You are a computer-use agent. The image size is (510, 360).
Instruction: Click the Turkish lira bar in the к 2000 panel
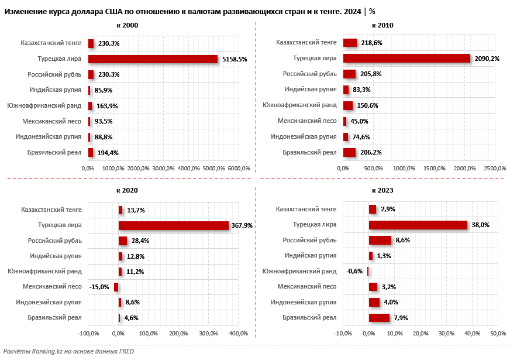[153, 59]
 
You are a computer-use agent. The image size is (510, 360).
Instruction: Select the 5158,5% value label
[235, 59]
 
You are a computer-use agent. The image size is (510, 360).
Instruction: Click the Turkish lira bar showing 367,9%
[173, 225]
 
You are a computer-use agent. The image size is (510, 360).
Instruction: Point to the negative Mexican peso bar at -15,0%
[116, 287]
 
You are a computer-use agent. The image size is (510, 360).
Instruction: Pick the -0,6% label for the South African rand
[354, 271]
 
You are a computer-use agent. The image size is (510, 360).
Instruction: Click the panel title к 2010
[382, 26]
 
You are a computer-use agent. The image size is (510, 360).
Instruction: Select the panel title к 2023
[382, 190]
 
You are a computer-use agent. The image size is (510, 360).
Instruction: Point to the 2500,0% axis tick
[495, 169]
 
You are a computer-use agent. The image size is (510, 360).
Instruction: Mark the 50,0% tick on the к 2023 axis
[498, 334]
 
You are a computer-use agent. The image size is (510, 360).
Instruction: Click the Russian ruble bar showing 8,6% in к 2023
[380, 240]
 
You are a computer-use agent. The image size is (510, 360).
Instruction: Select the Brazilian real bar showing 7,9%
[379, 318]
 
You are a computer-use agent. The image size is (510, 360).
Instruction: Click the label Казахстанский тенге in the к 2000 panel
[51, 43]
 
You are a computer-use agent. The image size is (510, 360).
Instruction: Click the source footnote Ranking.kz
[68, 351]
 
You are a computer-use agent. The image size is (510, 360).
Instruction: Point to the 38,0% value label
[481, 225]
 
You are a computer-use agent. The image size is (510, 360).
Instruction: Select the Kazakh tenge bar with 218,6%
[350, 43]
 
